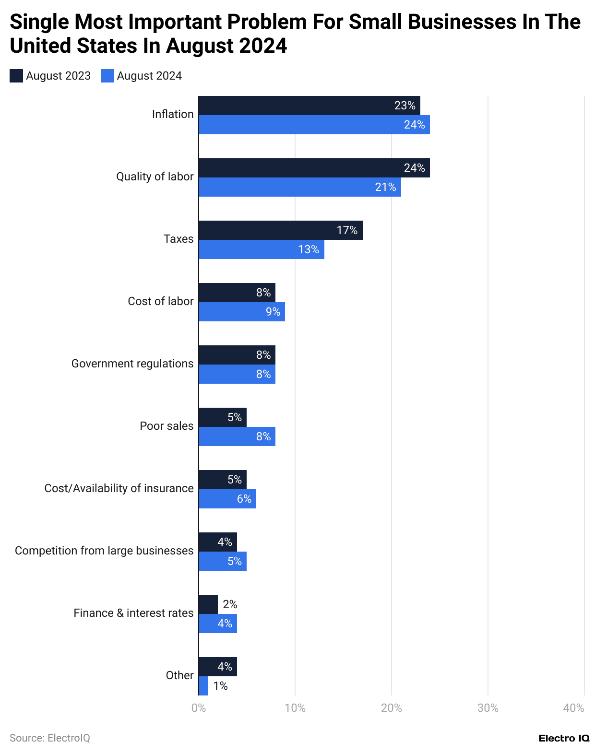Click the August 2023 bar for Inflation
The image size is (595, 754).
click(x=309, y=106)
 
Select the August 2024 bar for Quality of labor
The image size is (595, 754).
click(x=300, y=187)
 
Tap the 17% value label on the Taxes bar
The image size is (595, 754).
click(x=347, y=230)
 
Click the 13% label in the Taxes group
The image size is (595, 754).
click(x=309, y=249)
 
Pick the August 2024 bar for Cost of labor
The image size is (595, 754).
click(x=242, y=312)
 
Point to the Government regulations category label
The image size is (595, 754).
click(x=132, y=364)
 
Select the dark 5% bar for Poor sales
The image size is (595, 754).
click(x=223, y=417)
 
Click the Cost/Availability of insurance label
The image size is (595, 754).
click(x=119, y=488)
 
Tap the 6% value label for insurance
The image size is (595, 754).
click(x=244, y=499)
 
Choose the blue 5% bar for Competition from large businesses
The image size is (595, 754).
click(x=223, y=561)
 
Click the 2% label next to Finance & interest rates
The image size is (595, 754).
click(x=230, y=604)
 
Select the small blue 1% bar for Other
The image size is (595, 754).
click(x=203, y=686)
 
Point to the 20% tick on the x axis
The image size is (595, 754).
click(x=392, y=708)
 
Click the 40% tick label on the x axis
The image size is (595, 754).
click(x=574, y=708)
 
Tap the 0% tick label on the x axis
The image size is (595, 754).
click(x=199, y=708)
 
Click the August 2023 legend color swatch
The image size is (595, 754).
click(x=16, y=76)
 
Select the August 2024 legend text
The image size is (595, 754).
click(x=149, y=76)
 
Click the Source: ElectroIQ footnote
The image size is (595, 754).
click(x=50, y=738)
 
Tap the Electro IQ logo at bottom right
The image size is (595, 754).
click(x=564, y=738)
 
